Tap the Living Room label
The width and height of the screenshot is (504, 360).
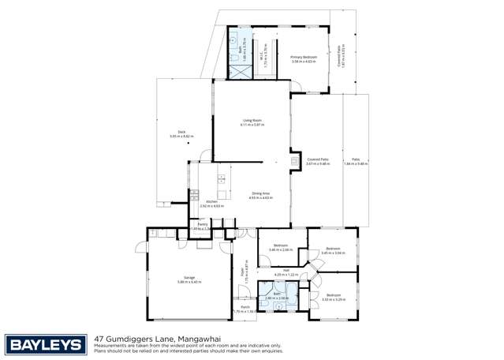[252, 121]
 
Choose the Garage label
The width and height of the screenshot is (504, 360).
[189, 278]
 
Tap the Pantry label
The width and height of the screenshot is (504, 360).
[202, 225]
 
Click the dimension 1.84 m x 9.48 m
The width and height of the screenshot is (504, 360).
[356, 164]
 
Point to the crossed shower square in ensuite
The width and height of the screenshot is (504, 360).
[238, 69]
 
